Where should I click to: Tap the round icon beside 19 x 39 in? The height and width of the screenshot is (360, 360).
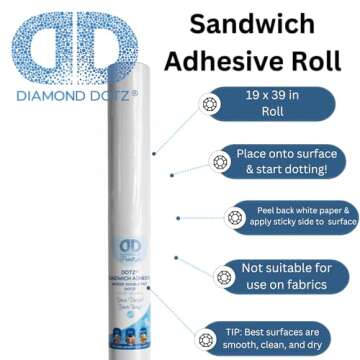click(x=209, y=104)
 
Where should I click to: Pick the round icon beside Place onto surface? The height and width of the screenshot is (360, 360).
click(x=218, y=161)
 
